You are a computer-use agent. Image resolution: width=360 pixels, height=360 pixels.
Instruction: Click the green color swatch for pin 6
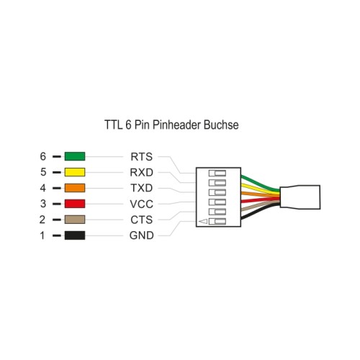[75, 156]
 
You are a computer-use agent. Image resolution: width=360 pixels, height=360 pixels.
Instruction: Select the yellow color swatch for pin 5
[75, 172]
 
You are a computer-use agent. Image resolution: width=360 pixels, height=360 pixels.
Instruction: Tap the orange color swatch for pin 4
[75, 188]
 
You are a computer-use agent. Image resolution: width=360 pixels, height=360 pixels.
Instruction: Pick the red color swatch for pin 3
[75, 204]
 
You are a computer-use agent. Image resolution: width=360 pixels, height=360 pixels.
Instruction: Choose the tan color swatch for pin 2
[75, 220]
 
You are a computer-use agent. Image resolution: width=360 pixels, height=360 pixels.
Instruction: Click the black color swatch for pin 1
[75, 235]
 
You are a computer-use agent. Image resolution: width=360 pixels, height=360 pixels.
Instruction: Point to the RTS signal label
[142, 157]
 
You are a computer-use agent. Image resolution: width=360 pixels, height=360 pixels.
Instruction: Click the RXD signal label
[142, 172]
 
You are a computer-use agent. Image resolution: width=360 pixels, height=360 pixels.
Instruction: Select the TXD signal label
[142, 188]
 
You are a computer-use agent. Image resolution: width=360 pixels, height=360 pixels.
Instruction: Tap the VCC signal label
[142, 204]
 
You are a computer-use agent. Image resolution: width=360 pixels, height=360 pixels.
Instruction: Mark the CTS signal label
[142, 220]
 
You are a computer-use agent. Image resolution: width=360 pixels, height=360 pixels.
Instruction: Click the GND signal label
[142, 235]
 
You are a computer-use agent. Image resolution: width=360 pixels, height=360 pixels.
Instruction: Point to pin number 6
[43, 156]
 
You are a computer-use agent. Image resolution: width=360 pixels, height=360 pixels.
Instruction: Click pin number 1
[42, 235]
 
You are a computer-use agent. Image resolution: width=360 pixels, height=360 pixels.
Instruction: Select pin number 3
[43, 204]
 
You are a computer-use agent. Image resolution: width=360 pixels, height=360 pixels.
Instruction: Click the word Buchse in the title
[221, 125]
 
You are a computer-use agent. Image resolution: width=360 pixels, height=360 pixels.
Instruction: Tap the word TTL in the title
[114, 125]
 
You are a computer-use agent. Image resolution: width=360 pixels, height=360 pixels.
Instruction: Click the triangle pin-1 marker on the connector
[203, 221]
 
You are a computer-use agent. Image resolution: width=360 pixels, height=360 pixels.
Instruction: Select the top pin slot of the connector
[217, 173]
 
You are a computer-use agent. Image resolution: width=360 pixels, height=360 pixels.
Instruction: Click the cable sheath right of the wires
[300, 197]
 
